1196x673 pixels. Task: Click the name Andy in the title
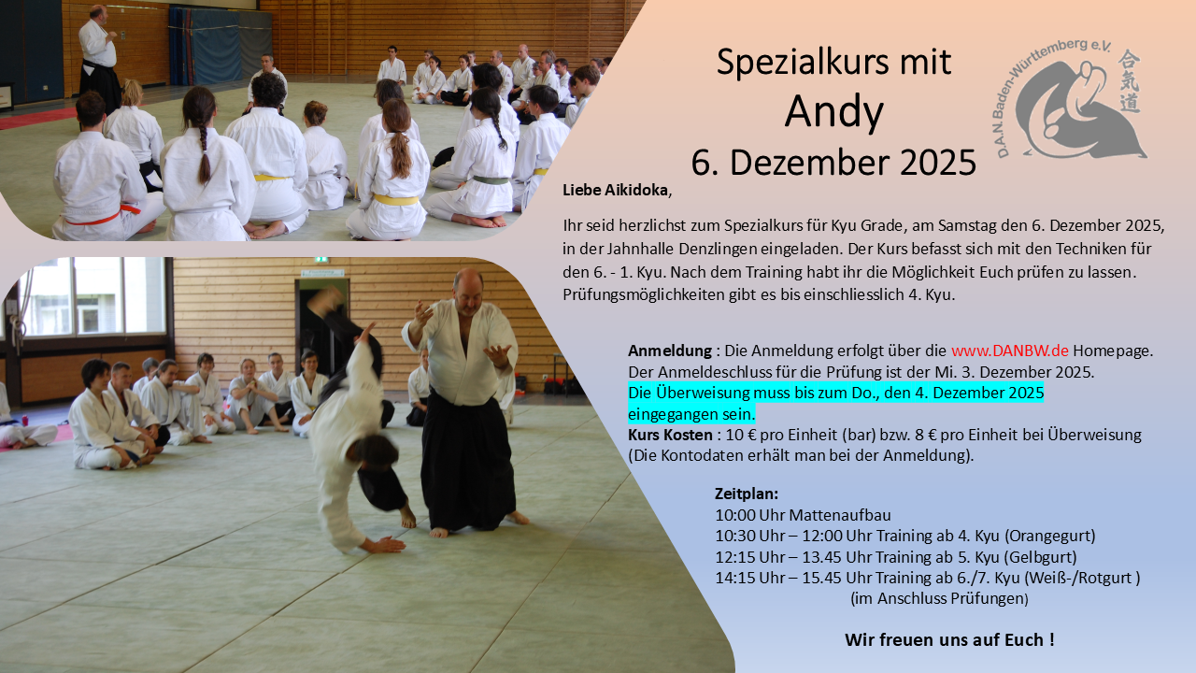tap(833, 112)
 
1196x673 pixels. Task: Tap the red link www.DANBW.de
tap(1009, 351)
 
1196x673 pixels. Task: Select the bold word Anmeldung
tap(670, 351)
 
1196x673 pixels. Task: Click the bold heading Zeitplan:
tap(747, 494)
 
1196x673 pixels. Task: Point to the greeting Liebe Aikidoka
tap(616, 190)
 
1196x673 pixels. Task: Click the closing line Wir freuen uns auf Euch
tap(949, 640)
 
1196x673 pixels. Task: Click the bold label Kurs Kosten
tap(670, 435)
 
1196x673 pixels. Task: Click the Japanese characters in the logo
tap(1130, 80)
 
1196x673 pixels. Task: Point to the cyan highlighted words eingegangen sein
tap(691, 413)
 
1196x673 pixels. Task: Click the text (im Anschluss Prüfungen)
tap(939, 597)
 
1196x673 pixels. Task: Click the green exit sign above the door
tap(321, 259)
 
